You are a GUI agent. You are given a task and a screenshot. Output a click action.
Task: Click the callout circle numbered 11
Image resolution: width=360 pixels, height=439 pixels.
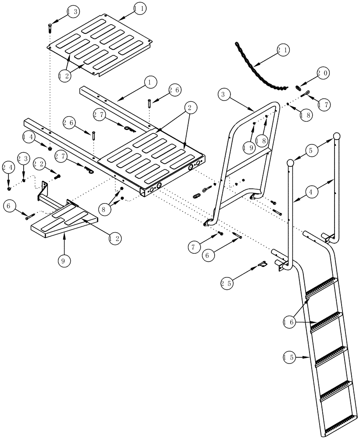pos(140,8)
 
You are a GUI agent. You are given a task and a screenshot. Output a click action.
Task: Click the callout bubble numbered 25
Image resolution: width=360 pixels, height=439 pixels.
pos(227,284)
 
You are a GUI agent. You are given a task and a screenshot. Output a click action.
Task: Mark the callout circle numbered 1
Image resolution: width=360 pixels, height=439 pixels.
pos(150,82)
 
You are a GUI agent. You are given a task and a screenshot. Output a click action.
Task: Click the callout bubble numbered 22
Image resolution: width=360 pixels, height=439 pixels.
pos(39,164)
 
